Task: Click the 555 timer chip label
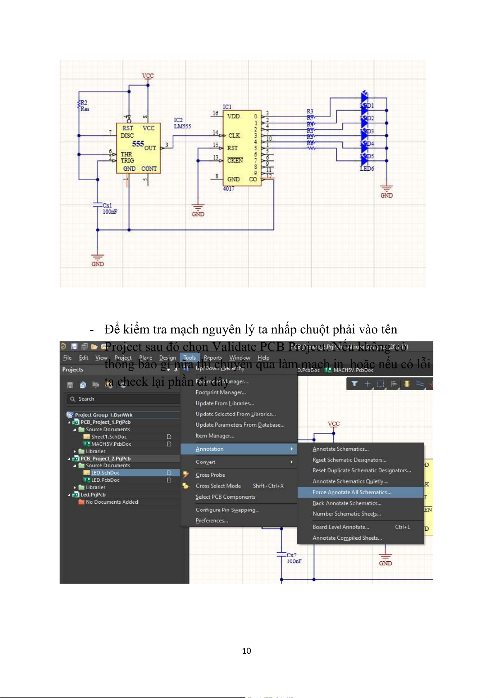click(x=138, y=144)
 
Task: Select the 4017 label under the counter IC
click(x=228, y=188)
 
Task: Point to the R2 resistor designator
click(x=84, y=102)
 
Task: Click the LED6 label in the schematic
click(x=367, y=169)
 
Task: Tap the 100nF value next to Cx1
click(x=110, y=212)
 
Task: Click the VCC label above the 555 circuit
click(x=148, y=76)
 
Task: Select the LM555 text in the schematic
click(x=182, y=126)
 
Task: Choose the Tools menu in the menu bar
click(x=190, y=357)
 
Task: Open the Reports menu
click(x=213, y=357)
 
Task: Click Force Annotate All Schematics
click(x=352, y=492)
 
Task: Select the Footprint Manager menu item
click(x=221, y=392)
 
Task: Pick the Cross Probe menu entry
click(x=210, y=475)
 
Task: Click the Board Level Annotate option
click(x=341, y=527)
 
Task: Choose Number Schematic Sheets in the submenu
click(x=346, y=514)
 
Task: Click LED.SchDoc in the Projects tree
click(x=105, y=473)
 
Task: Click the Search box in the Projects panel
click(x=124, y=399)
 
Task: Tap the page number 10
click(x=247, y=651)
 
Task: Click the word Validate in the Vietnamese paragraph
click(x=229, y=347)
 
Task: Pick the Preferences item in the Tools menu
click(x=212, y=521)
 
